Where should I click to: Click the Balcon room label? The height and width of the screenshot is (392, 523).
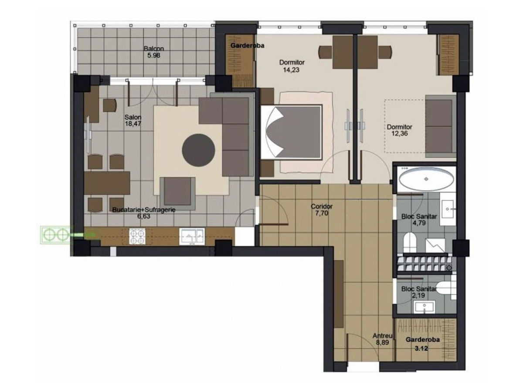tap(154, 48)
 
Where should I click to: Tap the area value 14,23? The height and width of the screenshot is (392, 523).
tap(291, 70)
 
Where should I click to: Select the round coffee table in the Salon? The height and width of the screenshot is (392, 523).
tap(198, 150)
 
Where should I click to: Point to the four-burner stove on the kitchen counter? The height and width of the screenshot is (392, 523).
tap(137, 236)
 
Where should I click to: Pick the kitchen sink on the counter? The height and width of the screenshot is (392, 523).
tap(192, 236)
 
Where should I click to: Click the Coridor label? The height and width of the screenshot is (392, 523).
tap(321, 206)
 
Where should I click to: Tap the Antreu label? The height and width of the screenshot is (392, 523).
tap(382, 335)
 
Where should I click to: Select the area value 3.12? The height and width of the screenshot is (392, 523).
tap(421, 348)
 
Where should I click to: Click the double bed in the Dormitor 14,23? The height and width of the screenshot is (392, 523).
tap(292, 132)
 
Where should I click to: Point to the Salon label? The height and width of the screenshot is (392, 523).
tap(133, 117)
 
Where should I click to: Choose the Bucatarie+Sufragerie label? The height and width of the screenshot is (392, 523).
tap(144, 210)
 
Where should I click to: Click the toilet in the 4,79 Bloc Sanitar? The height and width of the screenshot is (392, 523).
tap(410, 243)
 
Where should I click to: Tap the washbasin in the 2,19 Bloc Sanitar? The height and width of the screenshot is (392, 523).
tap(425, 307)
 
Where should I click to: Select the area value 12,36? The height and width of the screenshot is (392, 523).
tap(399, 133)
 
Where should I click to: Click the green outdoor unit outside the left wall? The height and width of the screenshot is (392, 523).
tap(55, 235)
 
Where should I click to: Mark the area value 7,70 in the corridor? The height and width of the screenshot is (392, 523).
tap(321, 213)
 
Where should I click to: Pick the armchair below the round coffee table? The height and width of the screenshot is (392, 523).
tap(178, 194)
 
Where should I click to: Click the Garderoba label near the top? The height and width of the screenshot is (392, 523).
tap(247, 45)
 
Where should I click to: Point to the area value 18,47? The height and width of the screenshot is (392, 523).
tap(133, 124)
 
